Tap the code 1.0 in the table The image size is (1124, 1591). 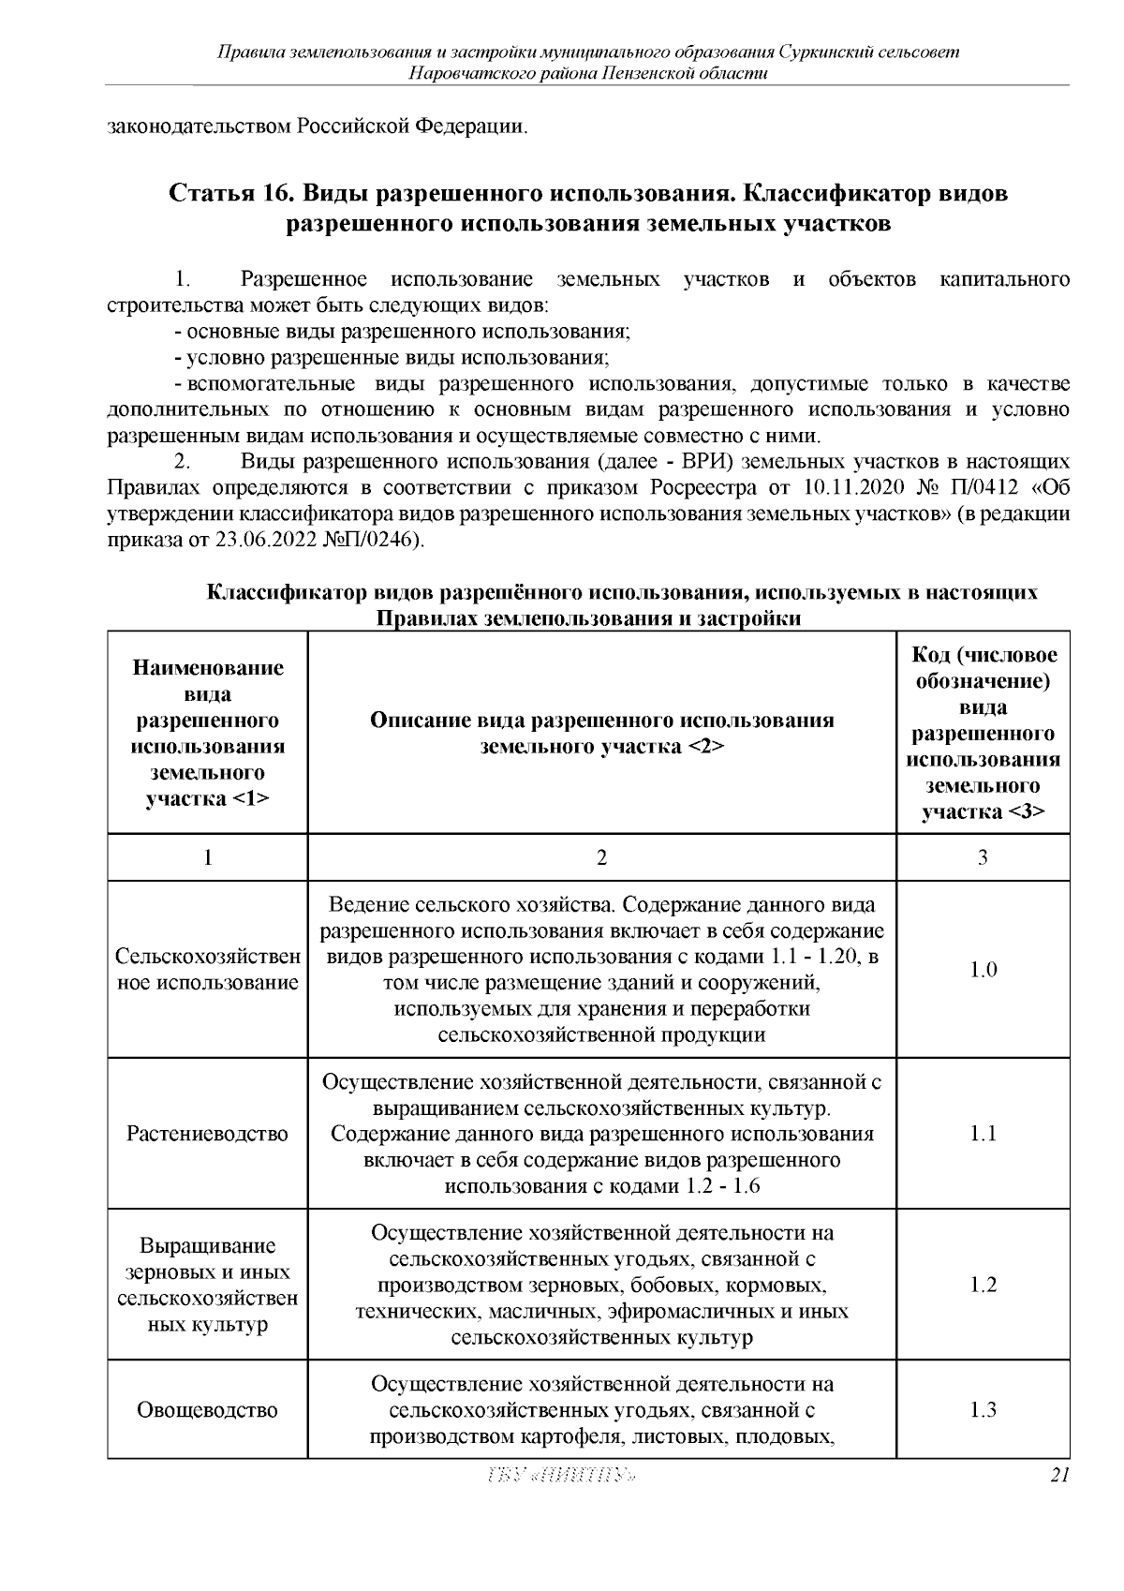point(983,970)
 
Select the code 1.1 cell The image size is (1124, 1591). point(983,1134)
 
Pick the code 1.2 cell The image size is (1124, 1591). point(983,1285)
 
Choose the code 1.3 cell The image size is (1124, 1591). point(983,1409)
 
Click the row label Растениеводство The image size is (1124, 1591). point(207,1134)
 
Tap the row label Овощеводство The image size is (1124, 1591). point(207,1409)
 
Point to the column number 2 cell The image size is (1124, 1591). point(601,857)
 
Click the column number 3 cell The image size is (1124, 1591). point(983,857)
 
